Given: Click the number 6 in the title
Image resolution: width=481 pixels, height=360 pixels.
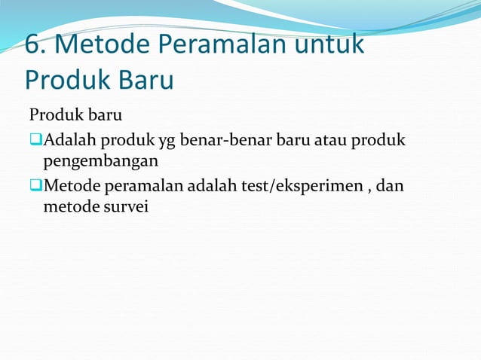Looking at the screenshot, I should [32, 46].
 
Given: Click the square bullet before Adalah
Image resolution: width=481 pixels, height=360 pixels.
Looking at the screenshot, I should [35, 141].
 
